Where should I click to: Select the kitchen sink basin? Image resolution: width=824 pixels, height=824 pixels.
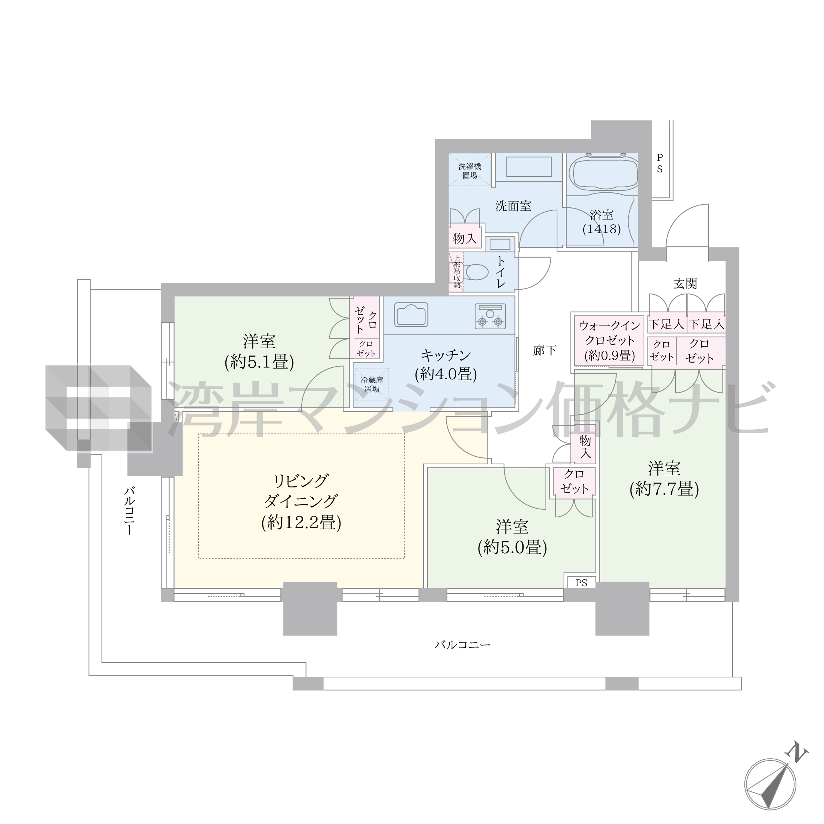tap(411, 314)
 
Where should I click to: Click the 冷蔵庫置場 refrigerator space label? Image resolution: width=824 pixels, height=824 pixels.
tap(372, 384)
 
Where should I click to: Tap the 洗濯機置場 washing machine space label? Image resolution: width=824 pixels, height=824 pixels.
tap(470, 170)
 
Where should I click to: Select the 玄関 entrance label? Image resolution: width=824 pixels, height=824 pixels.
tap(685, 284)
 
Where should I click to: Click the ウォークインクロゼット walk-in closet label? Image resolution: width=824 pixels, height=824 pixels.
tap(609, 340)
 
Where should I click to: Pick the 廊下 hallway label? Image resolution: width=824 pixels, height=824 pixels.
tap(545, 350)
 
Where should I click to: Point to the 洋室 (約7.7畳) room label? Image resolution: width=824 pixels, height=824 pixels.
tap(664, 479)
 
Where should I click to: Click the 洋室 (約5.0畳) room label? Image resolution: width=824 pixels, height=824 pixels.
tap(512, 537)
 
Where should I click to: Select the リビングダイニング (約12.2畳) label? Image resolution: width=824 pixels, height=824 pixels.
tap(301, 502)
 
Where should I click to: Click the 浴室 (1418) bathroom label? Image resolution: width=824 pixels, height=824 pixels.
tap(601, 222)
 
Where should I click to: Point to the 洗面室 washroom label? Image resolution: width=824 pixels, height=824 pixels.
tap(513, 207)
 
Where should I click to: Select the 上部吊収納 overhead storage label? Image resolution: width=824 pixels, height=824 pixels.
tap(457, 272)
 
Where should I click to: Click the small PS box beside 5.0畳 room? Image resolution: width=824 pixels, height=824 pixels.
tap(581, 582)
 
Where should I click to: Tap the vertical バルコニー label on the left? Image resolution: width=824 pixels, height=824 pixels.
tap(129, 510)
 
